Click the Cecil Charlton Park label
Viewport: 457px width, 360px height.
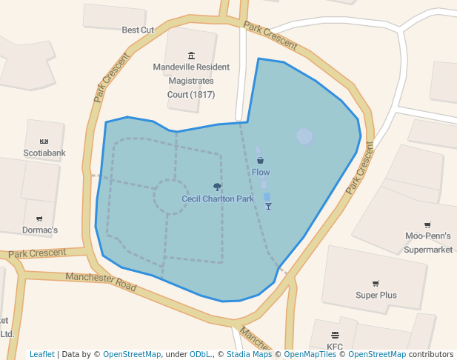coord(218,199)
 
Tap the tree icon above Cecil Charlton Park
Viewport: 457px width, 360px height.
coord(217,187)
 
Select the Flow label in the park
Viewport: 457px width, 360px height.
coord(261,172)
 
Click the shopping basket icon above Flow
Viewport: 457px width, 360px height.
coord(260,160)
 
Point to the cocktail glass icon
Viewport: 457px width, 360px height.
coord(268,205)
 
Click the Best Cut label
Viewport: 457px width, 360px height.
coord(138,30)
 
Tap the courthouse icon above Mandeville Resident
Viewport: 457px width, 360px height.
coord(192,56)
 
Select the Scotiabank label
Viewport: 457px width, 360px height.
coord(44,153)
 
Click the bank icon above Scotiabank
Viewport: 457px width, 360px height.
coord(44,141)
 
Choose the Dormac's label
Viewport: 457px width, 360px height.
coord(41,230)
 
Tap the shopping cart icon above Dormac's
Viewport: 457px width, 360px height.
coord(39,219)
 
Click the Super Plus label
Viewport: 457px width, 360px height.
coord(376,295)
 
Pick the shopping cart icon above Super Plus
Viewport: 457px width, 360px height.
coord(376,283)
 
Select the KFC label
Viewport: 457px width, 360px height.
coord(335,346)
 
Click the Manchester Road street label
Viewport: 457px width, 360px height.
coord(101,281)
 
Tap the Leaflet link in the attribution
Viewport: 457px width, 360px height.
coord(41,354)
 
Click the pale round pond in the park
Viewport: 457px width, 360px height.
coord(304,136)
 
